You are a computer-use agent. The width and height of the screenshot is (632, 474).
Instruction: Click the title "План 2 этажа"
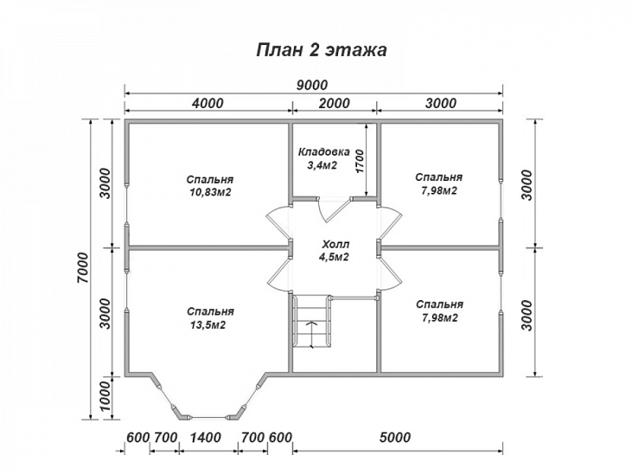(x=320, y=49)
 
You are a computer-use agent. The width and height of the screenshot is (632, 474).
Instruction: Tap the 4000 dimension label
(x=207, y=103)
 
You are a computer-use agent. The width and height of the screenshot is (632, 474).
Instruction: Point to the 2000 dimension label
(x=334, y=103)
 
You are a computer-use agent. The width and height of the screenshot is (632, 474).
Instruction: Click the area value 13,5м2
(x=208, y=325)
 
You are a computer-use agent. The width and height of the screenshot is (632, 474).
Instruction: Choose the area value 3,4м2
(x=318, y=163)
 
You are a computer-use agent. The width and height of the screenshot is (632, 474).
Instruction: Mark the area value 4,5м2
(x=334, y=257)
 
